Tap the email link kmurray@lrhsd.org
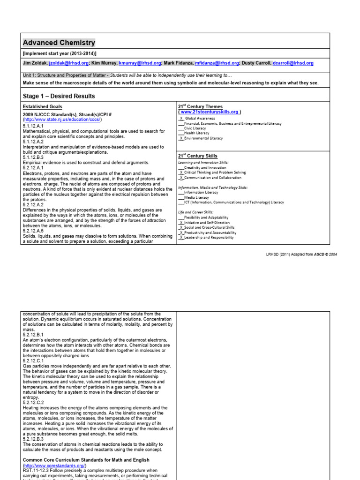pyautogui.click(x=140, y=63)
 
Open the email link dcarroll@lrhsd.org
pyautogui.click(x=293, y=63)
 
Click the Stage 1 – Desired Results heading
pyautogui.click(x=59, y=96)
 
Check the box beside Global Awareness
pyautogui.click(x=181, y=119)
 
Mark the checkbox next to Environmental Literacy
pyautogui.click(x=181, y=139)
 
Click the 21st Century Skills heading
pyautogui.click(x=197, y=156)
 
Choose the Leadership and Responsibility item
pyautogui.click(x=209, y=238)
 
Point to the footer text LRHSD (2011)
pyautogui.click(x=279, y=254)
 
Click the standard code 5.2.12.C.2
pyautogui.click(x=33, y=403)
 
